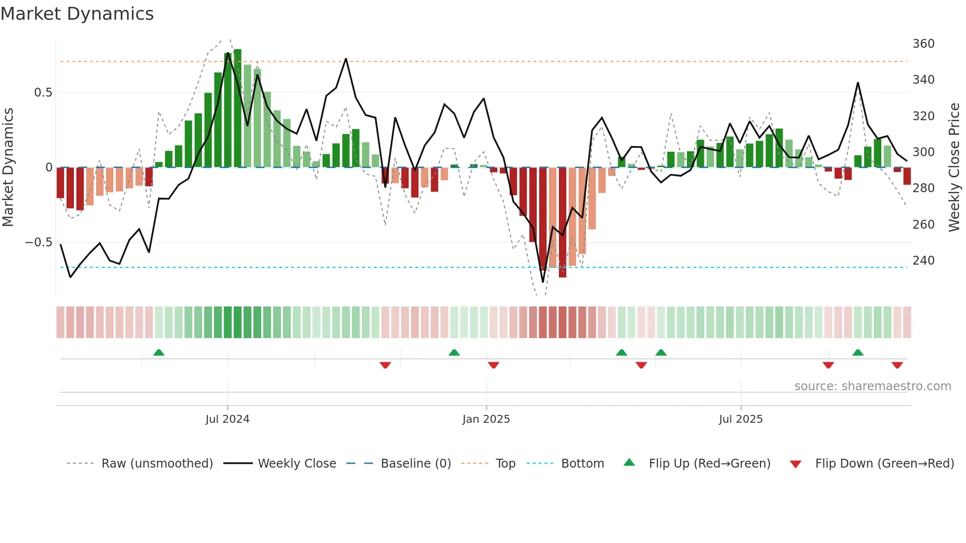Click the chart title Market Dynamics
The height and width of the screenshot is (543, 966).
click(x=77, y=14)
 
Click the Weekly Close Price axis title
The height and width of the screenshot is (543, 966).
click(x=954, y=167)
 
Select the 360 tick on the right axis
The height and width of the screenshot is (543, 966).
click(x=923, y=44)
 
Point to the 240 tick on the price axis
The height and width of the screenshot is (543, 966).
click(x=923, y=260)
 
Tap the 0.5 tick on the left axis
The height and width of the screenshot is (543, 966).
click(x=43, y=93)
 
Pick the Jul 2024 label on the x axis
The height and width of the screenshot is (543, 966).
click(x=227, y=419)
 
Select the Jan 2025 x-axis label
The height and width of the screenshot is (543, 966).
click(x=486, y=419)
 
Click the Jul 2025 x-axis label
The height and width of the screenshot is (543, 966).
click(x=740, y=419)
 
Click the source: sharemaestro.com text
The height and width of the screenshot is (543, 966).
click(x=872, y=386)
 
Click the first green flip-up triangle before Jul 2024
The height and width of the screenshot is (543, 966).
click(x=159, y=353)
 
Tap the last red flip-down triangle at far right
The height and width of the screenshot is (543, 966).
click(x=897, y=365)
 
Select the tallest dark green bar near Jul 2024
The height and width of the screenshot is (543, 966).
click(x=238, y=108)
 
